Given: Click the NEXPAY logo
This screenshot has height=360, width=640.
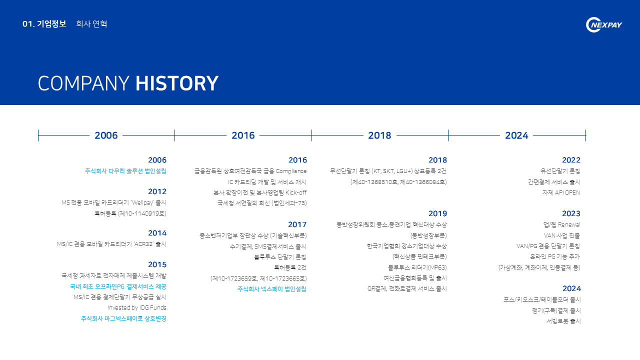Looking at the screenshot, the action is tap(603, 25).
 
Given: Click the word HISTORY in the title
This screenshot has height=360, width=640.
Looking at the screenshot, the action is tap(177, 83).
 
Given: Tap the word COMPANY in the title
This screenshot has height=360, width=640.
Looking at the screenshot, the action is tap(83, 83).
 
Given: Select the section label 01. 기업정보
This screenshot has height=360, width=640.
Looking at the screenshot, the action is tap(44, 23).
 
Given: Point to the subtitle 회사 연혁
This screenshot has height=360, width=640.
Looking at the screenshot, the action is tap(91, 23).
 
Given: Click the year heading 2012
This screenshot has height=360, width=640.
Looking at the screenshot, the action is tap(157, 191).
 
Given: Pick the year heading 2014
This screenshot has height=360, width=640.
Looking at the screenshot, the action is tap(157, 233).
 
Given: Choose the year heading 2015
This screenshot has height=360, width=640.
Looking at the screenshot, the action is tap(157, 264).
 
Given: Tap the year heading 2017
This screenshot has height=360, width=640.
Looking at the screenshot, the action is tap(297, 224).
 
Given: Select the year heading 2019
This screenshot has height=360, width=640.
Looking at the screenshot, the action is tap(437, 213).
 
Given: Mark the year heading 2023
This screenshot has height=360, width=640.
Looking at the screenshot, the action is tap(571, 213).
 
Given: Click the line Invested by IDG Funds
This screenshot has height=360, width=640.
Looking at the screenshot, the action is tap(137, 307).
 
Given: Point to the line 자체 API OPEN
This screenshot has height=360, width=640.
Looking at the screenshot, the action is tap(561, 192).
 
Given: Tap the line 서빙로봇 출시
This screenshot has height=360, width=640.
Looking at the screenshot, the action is tap(563, 321).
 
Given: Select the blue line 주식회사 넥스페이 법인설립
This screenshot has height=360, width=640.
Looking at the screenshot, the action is tap(271, 289).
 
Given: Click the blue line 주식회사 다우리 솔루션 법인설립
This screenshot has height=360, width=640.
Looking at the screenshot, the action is tap(125, 171).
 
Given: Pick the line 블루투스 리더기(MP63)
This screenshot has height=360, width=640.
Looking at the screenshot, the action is tap(417, 267).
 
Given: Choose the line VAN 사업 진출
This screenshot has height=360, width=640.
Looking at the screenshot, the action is tap(561, 235).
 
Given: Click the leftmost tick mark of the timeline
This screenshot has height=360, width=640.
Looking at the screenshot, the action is tap(38, 135).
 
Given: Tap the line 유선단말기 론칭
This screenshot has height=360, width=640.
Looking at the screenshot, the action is tap(560, 171).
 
